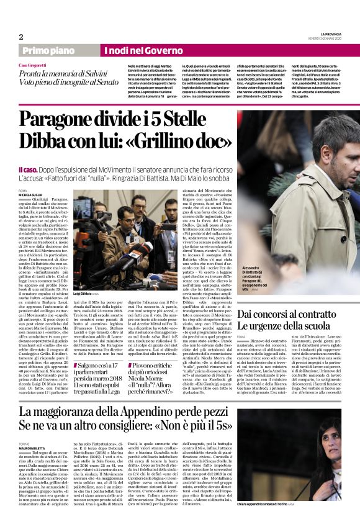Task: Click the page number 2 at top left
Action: [21, 37]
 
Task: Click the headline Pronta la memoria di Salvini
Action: [68, 73]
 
